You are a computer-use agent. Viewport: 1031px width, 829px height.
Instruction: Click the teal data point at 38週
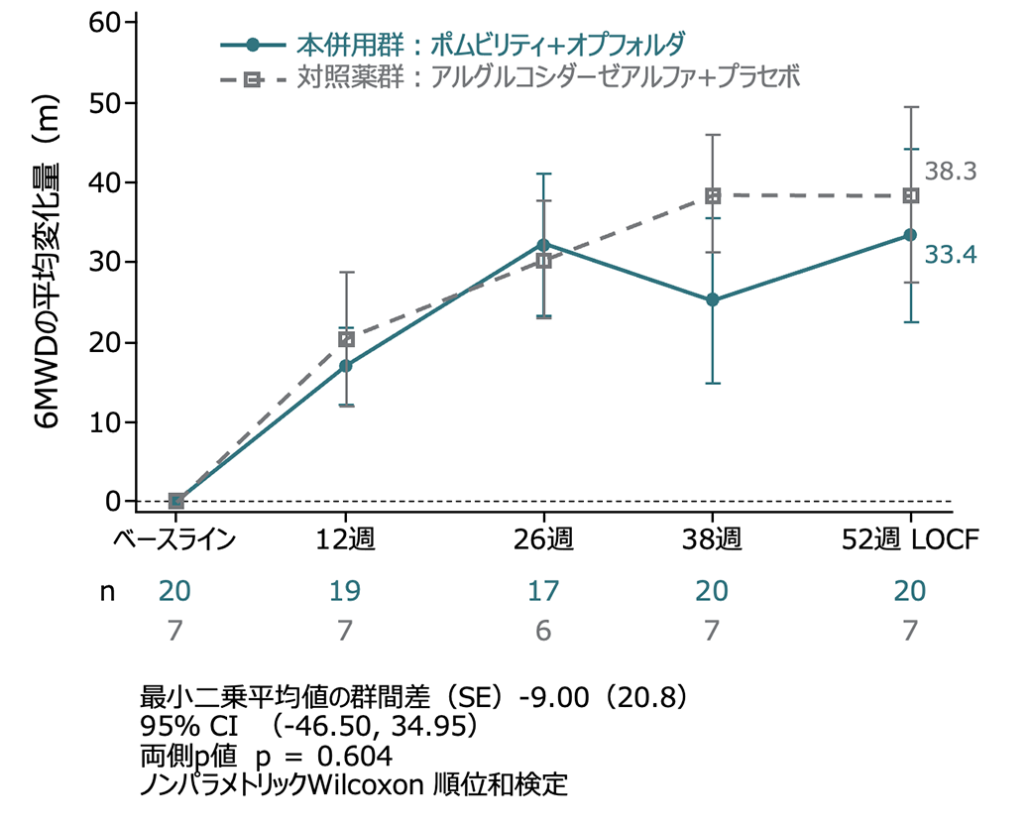(x=713, y=299)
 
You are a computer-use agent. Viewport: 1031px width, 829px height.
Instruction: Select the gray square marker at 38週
(x=713, y=196)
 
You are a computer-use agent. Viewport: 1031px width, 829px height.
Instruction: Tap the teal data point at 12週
(x=346, y=366)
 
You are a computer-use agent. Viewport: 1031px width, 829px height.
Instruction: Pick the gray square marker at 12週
(x=346, y=339)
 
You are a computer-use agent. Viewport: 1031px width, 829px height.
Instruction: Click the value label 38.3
(x=951, y=172)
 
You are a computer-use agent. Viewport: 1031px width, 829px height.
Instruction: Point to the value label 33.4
(x=951, y=255)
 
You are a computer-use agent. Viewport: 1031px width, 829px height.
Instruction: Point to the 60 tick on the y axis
(x=104, y=23)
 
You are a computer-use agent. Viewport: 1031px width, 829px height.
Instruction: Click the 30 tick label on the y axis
(x=104, y=262)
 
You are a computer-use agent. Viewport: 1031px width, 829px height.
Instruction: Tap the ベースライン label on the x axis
(x=174, y=540)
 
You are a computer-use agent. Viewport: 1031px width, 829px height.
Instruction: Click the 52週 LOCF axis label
(x=909, y=540)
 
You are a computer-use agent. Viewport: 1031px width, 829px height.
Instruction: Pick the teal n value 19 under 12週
(x=346, y=592)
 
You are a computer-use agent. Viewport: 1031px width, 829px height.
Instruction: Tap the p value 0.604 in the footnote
(x=353, y=756)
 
